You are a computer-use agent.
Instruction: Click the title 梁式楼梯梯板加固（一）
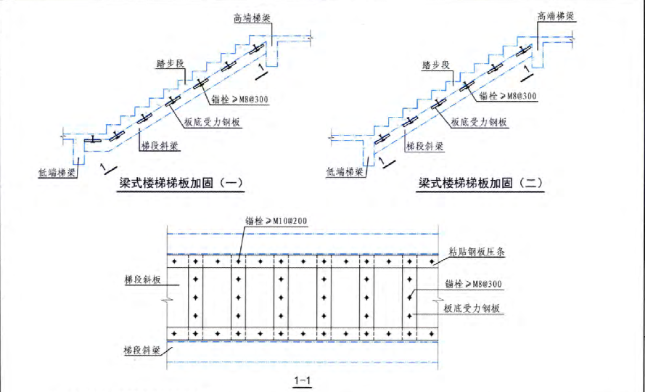(181, 183)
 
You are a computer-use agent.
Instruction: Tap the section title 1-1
(303, 380)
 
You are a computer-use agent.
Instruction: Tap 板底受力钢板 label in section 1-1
(472, 308)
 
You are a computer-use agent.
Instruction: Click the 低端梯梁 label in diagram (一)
(57, 173)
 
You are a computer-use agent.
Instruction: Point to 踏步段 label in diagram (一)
(170, 65)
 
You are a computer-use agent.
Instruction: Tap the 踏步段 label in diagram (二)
(435, 65)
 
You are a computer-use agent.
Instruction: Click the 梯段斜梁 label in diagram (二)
(423, 145)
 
